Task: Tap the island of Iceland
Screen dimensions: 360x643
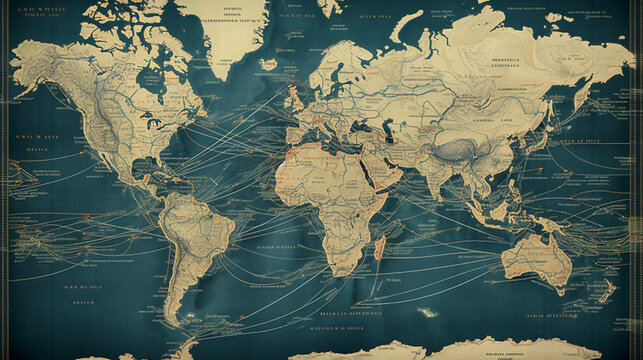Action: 268,63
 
